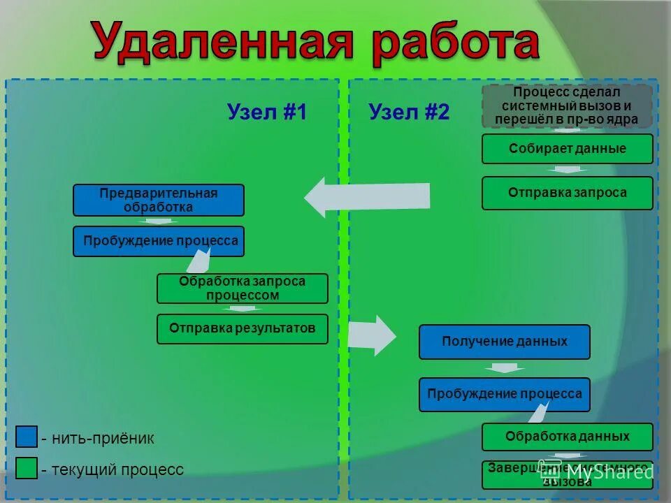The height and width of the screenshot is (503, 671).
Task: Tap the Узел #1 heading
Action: [267, 112]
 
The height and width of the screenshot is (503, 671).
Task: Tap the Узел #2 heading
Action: [409, 112]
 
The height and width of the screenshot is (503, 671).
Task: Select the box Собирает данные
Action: [567, 149]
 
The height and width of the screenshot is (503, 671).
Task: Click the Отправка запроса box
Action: [567, 193]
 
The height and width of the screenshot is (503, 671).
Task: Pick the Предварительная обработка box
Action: [159, 201]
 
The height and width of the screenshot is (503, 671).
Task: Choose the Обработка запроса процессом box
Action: [242, 288]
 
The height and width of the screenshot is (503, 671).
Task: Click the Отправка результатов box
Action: [242, 328]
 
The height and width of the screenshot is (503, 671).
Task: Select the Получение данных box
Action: [504, 342]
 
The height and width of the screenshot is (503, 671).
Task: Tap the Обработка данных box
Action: [567, 437]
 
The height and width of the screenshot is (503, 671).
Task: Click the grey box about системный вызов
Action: [567, 105]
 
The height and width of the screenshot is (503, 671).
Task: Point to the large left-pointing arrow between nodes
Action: [367, 196]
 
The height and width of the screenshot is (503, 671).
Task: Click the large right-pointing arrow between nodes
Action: [371, 335]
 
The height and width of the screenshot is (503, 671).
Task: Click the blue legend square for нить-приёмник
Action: [27, 437]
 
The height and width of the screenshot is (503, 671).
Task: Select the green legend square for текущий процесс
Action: [27, 469]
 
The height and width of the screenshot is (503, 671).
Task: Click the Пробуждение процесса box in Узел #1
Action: [159, 241]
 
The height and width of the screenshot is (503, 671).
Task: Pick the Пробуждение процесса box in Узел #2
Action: [504, 394]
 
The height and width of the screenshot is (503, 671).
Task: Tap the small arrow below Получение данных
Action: [504, 367]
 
